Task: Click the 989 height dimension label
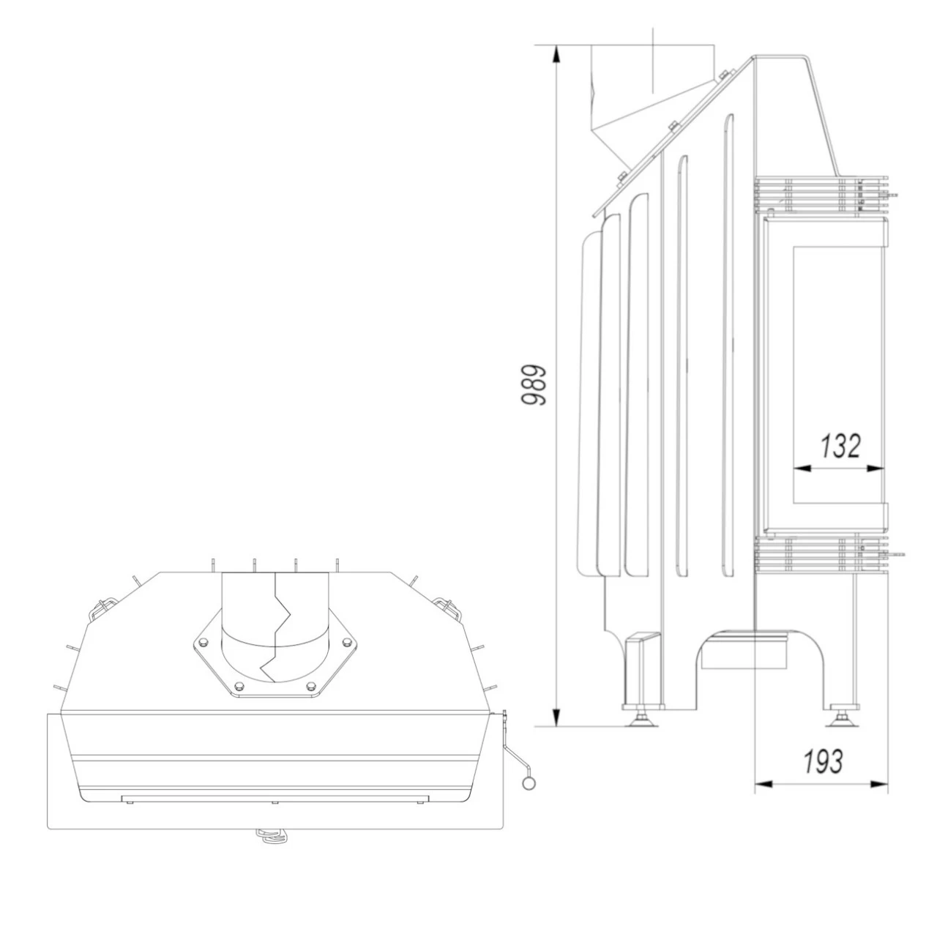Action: [534, 384]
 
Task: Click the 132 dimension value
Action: [840, 446]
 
